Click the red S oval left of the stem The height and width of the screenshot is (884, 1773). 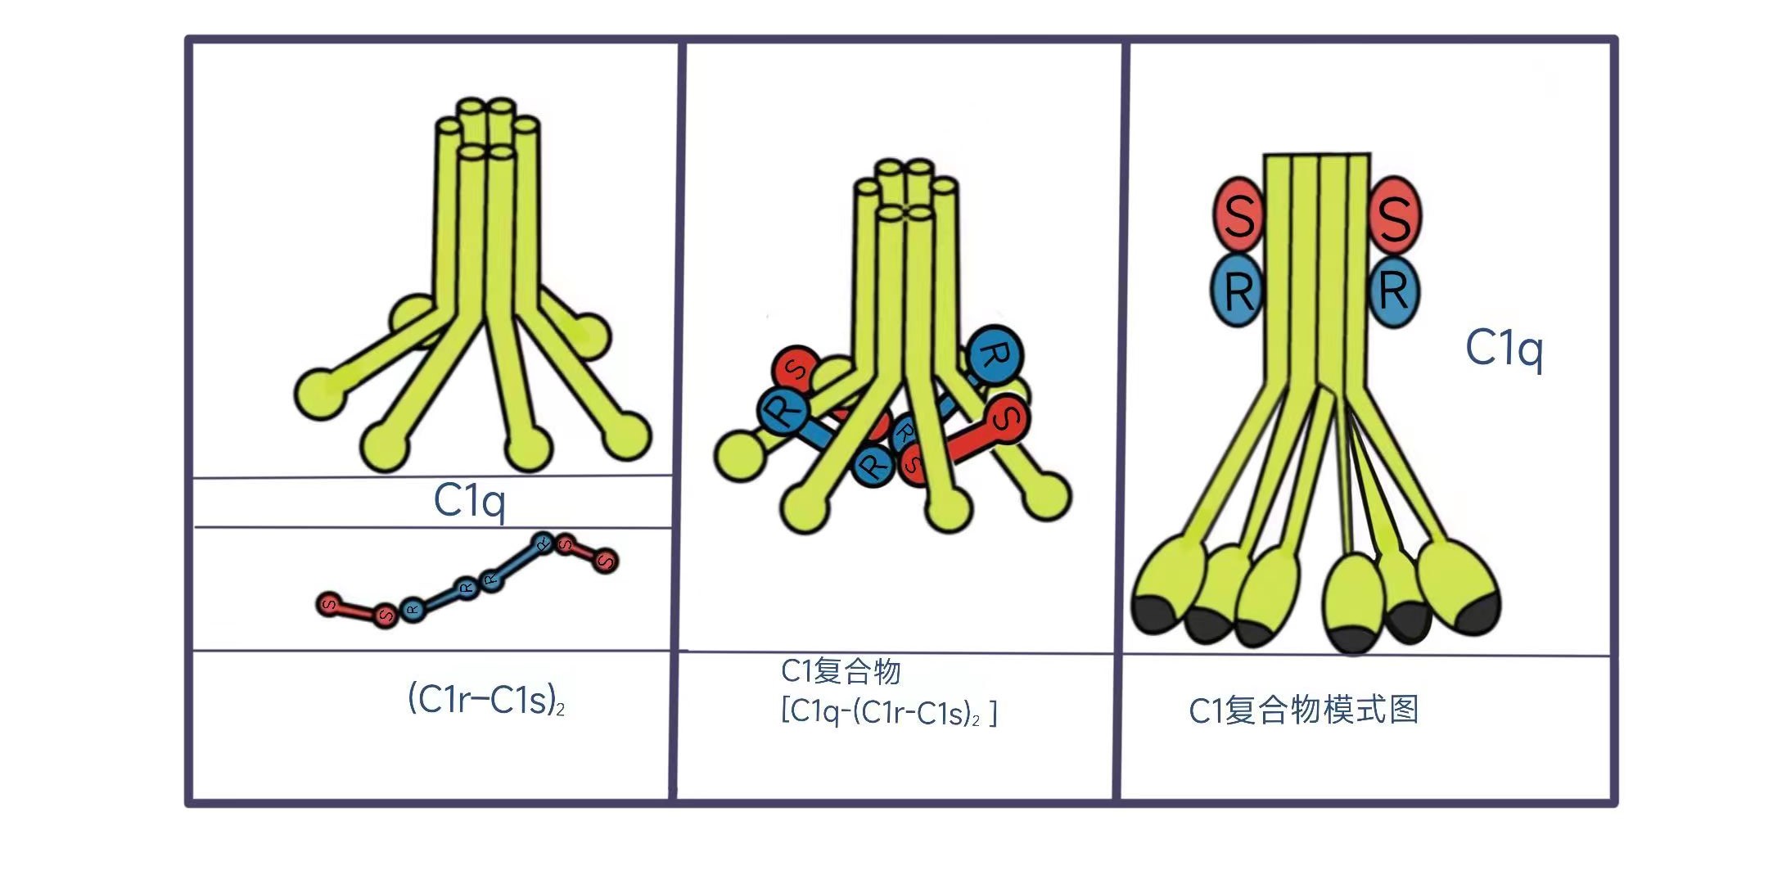click(1238, 214)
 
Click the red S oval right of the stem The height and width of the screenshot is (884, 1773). click(1394, 214)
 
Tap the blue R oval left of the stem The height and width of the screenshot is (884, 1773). click(1238, 290)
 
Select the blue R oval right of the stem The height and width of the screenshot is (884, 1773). click(1394, 291)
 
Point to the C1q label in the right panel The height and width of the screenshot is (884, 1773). click(1504, 350)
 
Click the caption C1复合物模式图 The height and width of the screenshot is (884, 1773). click(1303, 710)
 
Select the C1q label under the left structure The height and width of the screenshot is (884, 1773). click(469, 501)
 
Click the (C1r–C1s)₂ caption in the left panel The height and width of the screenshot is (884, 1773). click(486, 700)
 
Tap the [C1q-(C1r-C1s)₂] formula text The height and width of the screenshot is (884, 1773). click(889, 712)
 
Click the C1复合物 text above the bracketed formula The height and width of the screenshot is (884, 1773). click(841, 670)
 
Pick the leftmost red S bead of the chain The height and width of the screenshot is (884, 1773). click(329, 605)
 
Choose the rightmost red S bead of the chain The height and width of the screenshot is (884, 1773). click(606, 561)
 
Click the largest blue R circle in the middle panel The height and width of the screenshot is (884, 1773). click(995, 355)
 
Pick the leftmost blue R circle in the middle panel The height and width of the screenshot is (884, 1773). click(783, 411)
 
